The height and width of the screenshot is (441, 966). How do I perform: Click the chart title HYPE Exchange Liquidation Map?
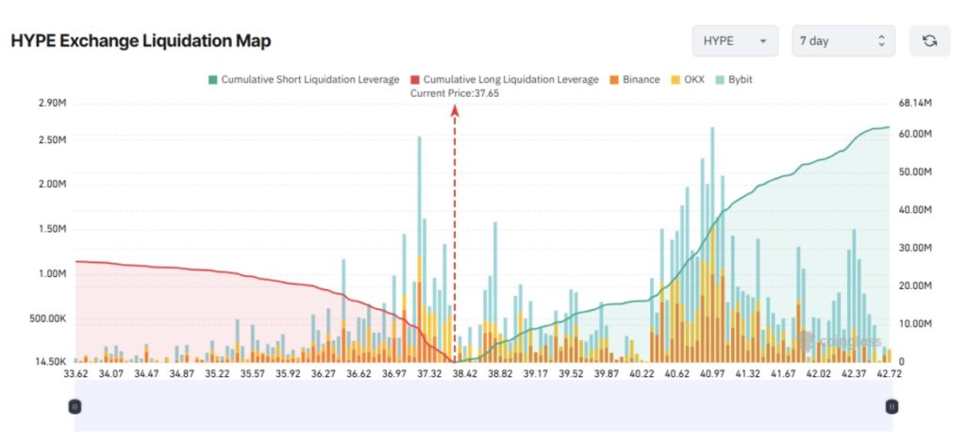[141, 42]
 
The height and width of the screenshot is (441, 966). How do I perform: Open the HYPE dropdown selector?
[735, 41]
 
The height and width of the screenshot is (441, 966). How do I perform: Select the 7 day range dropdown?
[842, 41]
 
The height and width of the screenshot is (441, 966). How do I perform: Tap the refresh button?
[929, 41]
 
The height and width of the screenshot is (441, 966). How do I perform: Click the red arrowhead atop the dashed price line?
[455, 109]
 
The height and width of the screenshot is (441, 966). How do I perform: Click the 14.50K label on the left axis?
[49, 362]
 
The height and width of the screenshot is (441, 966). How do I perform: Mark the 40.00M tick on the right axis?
[915, 210]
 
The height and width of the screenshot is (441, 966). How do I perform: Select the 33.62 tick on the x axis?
[76, 374]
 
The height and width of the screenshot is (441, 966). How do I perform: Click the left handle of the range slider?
[75, 406]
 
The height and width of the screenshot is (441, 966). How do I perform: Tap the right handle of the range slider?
[891, 406]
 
